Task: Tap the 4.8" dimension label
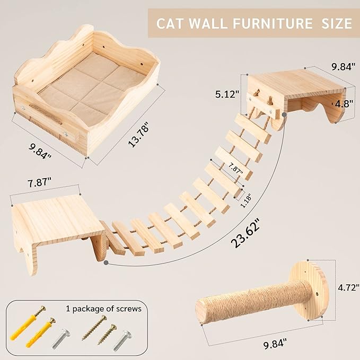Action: [343, 103]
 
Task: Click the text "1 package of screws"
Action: [103, 308]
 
